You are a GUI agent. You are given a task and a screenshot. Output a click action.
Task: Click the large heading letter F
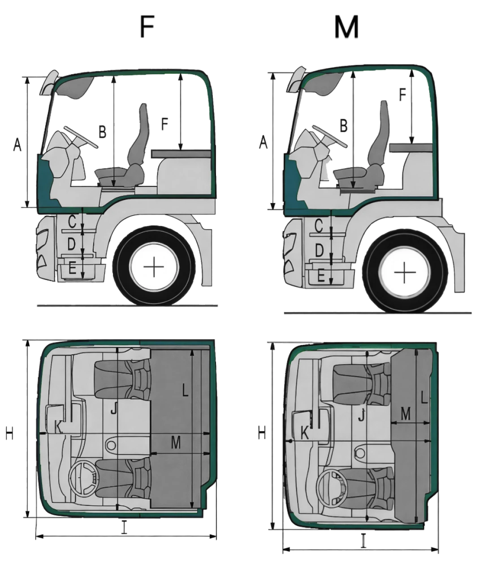point(147,26)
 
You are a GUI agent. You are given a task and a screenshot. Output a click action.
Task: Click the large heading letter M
point(346,27)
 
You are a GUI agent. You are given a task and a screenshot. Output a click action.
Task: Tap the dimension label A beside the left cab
point(17,144)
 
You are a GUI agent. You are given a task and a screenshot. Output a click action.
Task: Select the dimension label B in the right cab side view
point(344,126)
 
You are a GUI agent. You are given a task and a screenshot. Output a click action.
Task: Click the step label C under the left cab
point(72,221)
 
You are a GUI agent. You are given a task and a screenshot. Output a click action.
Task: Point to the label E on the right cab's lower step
point(321,276)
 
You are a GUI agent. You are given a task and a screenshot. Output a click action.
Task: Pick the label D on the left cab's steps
point(71,244)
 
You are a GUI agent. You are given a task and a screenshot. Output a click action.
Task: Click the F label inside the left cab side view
point(164,124)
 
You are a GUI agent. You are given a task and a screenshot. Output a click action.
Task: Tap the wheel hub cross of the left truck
point(154,267)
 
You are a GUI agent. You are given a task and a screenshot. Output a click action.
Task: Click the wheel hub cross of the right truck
point(405,272)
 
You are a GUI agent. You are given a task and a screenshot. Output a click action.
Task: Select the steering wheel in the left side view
point(81,137)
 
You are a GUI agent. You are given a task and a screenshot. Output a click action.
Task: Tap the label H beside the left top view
point(9,434)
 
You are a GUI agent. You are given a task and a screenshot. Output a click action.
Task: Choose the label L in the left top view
point(185,391)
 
